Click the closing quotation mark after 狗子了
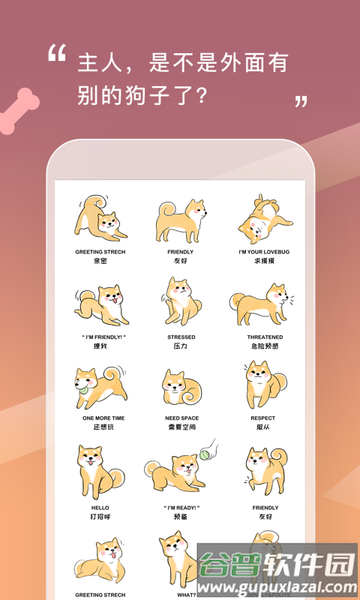[301, 101]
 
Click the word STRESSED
[181, 337]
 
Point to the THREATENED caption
[265, 337]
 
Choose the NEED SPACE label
[181, 418]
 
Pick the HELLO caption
[100, 508]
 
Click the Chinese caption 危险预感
[265, 346]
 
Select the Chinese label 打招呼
[100, 517]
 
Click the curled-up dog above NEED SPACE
[180, 387]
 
